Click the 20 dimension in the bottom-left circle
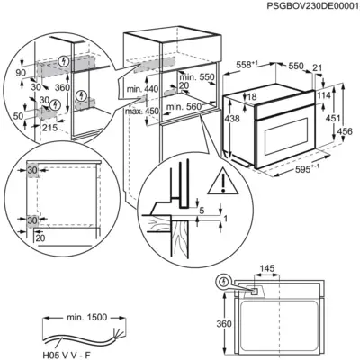(x=39, y=238)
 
